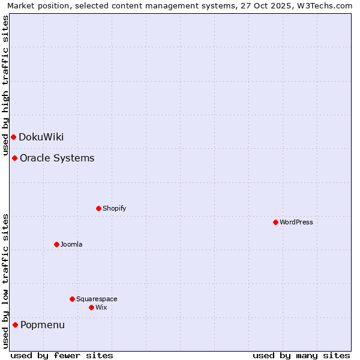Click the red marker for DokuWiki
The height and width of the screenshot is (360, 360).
13,137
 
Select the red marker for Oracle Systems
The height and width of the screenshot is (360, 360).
14,158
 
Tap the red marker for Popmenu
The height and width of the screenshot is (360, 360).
15,325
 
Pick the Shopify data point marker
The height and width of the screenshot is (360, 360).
98,208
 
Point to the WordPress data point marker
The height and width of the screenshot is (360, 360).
275,222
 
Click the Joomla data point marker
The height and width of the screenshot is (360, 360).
56,244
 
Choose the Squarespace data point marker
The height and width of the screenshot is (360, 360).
72,299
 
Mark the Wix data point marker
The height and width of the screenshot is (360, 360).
91,307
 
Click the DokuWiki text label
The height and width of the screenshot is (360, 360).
41,137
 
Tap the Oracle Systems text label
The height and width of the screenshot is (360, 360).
57,158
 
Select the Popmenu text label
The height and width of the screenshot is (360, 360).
43,325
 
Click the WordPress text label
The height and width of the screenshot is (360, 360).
296,222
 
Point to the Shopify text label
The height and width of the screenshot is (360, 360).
114,208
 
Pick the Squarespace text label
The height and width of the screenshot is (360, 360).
97,299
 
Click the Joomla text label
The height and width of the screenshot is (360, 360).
71,244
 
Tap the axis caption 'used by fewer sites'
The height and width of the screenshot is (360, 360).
62,355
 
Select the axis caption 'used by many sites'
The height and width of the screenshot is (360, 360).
301,355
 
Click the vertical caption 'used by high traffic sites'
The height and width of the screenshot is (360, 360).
5,85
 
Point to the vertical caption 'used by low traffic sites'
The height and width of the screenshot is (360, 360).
5,280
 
